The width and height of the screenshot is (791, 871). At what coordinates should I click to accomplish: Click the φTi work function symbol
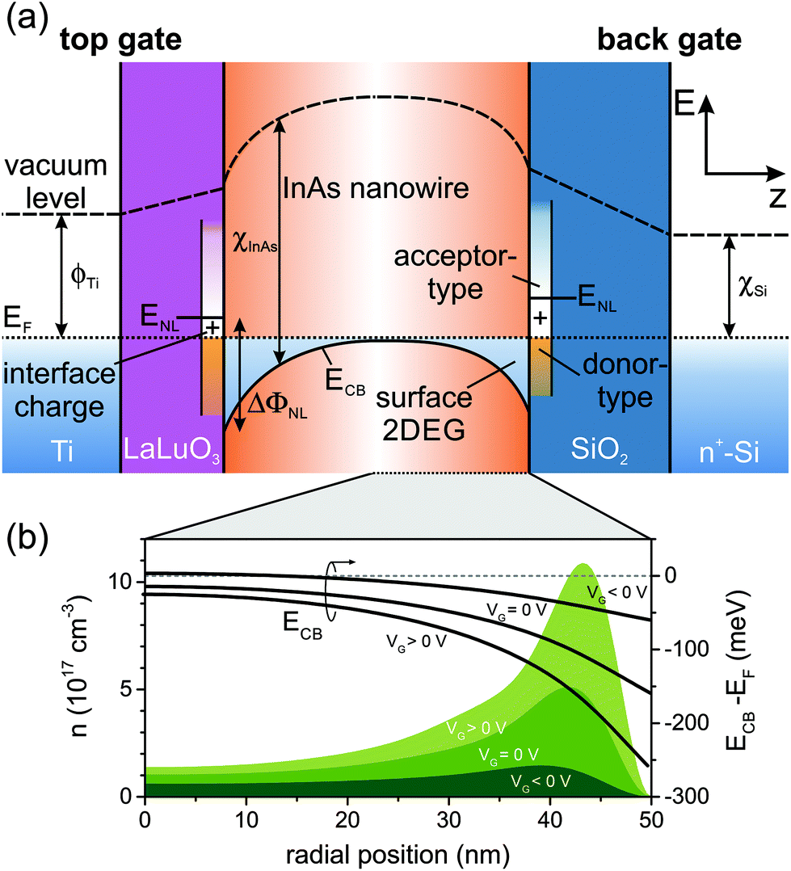(88, 275)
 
